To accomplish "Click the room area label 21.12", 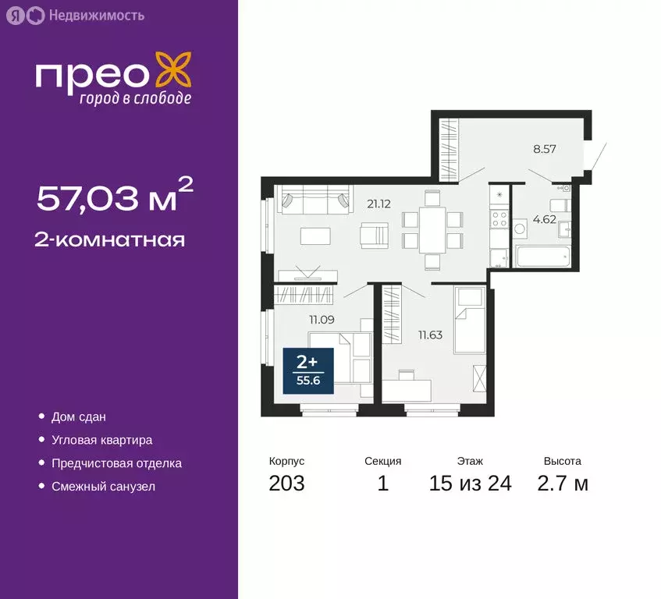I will click(x=378, y=204).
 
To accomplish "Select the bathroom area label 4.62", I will click(x=544, y=219).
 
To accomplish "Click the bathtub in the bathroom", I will click(x=545, y=257).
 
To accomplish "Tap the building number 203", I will click(x=286, y=484).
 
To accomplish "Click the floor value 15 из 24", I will click(x=470, y=484).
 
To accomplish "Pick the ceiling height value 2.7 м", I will click(x=562, y=484).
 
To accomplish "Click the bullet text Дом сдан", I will click(x=78, y=417).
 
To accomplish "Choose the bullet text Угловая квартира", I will click(x=101, y=440).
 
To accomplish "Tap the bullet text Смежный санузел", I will click(x=103, y=486).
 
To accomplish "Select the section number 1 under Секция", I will click(x=382, y=484).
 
